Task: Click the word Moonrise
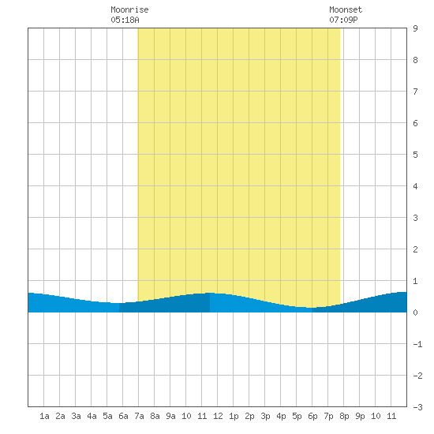129,9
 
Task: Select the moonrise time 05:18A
125,20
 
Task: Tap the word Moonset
346,9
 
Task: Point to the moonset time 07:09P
343,20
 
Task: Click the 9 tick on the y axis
415,28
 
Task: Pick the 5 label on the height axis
415,155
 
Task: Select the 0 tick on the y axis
415,312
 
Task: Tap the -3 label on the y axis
417,407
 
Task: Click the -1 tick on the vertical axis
417,344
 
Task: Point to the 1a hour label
44,416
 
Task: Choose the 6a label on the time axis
123,416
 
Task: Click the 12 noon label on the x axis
218,416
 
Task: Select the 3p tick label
265,416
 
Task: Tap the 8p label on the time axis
344,416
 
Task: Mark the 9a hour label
170,416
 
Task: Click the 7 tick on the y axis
415,92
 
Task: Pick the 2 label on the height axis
415,249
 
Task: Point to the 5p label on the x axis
297,416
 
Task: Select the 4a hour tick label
92,416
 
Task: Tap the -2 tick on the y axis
417,376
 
